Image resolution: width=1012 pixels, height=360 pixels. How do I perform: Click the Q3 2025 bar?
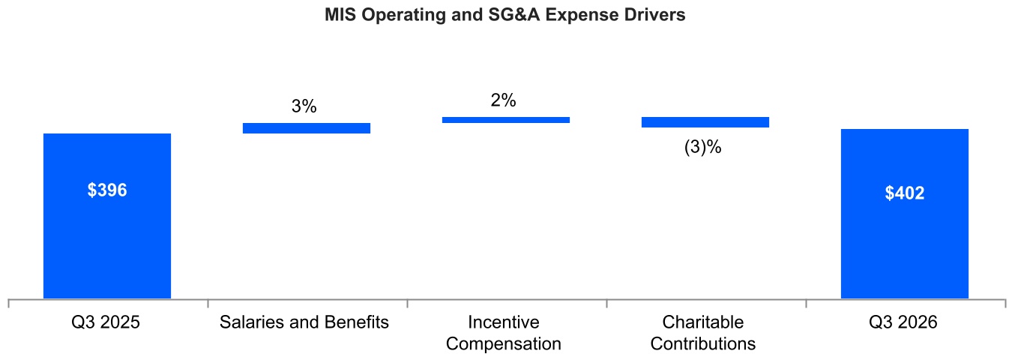point(107,216)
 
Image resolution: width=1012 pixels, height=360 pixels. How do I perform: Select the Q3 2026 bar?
point(905,214)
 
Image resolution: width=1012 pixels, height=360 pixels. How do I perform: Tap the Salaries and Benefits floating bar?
point(307,128)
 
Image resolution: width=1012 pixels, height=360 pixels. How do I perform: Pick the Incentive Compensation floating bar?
point(506,120)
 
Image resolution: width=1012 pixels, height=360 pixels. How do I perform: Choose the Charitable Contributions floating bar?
point(705,122)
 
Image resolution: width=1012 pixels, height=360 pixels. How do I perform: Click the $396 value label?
point(107,190)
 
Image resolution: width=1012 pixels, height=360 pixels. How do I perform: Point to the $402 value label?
point(905,193)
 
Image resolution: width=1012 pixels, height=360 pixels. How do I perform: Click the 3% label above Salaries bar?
point(304,106)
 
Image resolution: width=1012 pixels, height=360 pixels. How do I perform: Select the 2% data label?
point(503,100)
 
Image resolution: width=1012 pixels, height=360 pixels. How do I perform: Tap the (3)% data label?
point(703,147)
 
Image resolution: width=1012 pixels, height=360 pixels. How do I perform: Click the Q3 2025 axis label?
point(106,322)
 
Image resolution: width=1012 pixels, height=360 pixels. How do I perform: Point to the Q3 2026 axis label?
point(903,322)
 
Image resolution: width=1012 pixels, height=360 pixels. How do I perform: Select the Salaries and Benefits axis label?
point(304,322)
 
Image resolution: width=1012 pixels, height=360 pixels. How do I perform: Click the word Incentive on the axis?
point(504,322)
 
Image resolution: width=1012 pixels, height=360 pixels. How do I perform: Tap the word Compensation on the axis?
point(504,343)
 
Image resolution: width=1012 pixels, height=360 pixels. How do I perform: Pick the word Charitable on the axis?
point(703,322)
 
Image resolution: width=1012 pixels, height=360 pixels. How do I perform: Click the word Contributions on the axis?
point(703,343)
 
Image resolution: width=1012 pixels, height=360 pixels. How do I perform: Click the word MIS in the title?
point(340,15)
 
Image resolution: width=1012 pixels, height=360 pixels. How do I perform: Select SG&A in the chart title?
point(514,15)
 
